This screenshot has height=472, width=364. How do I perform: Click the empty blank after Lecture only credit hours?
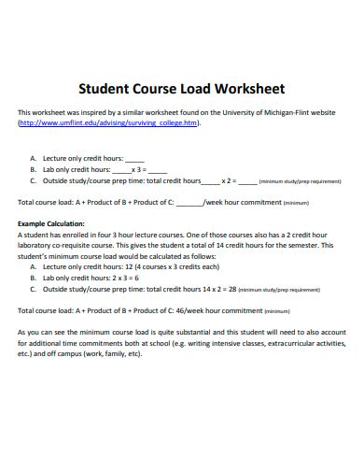[x=134, y=159]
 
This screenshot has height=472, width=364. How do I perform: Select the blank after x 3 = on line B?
[x=157, y=170]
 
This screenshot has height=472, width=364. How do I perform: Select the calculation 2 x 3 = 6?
[x=125, y=278]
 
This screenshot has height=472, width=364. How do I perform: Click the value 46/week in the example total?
[x=191, y=310]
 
